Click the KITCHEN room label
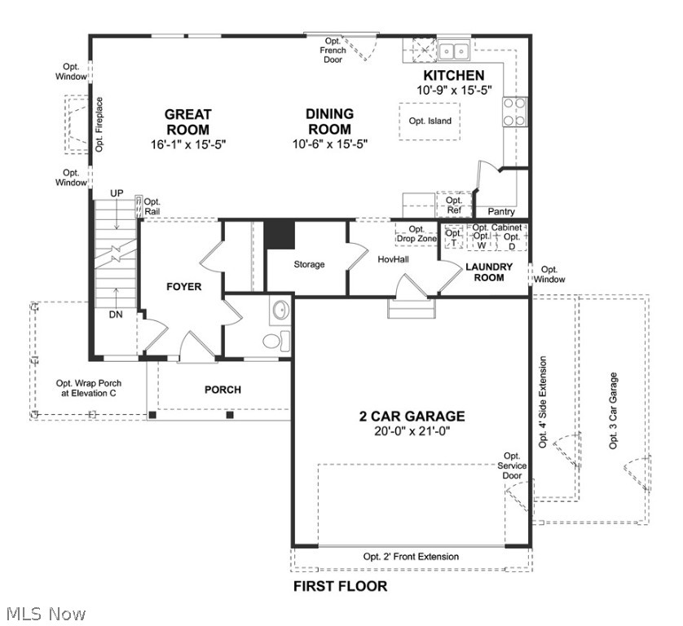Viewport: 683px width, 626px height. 453,76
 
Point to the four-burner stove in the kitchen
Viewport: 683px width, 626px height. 513,112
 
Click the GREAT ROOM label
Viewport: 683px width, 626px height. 187,122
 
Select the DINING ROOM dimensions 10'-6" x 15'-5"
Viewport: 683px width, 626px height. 329,144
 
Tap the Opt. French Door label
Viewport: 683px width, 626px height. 333,50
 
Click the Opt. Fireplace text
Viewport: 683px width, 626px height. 99,125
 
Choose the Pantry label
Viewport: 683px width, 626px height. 501,212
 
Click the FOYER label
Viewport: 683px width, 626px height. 183,287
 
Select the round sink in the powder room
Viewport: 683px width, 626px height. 280,311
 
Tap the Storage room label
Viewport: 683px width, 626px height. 309,264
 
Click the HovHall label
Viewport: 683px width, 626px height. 393,259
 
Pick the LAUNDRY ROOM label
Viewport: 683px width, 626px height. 489,272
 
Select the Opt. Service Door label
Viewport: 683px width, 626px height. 512,465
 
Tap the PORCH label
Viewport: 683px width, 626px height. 223,390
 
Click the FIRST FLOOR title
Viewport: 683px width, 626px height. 340,586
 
